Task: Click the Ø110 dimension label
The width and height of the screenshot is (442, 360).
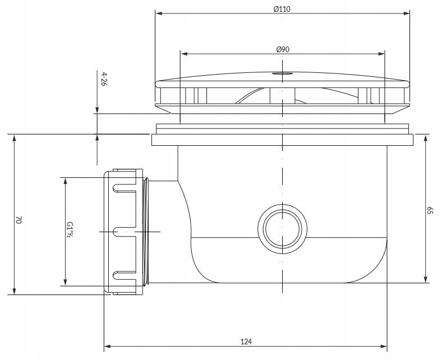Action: click(x=282, y=9)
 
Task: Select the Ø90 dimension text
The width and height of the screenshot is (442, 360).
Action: click(x=283, y=49)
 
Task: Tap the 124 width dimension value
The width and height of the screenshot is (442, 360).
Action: click(x=246, y=341)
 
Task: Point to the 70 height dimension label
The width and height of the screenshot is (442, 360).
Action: click(x=19, y=220)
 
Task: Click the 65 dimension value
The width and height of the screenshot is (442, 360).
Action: click(x=429, y=210)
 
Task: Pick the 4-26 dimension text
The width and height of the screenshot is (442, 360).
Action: click(x=104, y=79)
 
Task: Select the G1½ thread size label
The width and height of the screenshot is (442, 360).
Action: click(x=70, y=229)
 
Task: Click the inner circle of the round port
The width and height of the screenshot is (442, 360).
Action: click(x=283, y=227)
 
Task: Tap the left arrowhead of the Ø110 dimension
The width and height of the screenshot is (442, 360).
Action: click(x=159, y=13)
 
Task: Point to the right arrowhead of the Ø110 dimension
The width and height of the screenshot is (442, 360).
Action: click(x=406, y=13)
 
